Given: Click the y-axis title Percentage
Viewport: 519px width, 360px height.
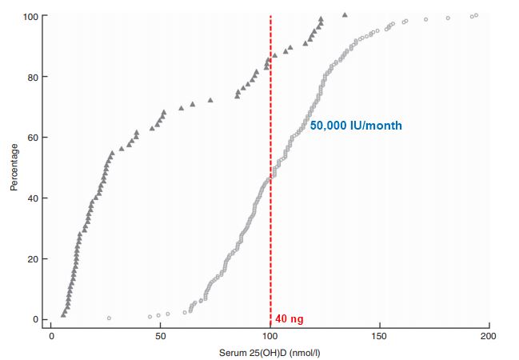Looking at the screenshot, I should coord(14,167).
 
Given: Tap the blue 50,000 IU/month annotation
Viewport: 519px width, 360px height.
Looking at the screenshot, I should coord(356,126).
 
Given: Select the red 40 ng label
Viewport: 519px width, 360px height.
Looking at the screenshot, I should coord(289,319).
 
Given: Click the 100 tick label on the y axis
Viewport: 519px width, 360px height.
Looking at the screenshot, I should coord(30,17).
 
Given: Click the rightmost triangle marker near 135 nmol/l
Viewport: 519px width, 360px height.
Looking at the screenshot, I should coord(345,14).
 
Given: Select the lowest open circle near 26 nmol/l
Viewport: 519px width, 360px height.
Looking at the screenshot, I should coord(109,318).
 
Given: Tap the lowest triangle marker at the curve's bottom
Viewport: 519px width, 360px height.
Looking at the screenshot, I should coord(63,315).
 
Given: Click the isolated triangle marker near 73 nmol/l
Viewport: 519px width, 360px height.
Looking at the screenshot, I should coord(210,101).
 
